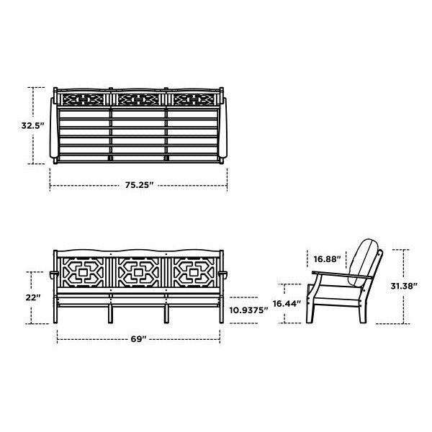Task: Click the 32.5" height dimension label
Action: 33,125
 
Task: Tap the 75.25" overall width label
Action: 139,185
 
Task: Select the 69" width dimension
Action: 138,339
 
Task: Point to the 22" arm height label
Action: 33,297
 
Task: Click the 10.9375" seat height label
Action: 248,310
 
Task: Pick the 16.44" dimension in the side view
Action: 287,304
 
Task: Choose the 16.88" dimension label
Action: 328,259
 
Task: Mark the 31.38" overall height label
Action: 404,286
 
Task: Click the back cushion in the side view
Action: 361,261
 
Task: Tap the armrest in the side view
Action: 342,275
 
